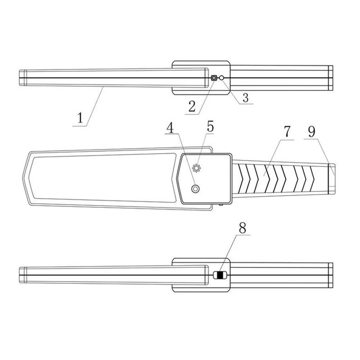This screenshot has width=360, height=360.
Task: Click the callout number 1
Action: coord(80,118)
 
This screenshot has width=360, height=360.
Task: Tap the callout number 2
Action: coord(192,106)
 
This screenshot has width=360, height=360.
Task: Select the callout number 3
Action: coord(245,98)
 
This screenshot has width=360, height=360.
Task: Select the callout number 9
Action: coord(311,131)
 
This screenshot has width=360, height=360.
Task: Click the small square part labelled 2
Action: coord(214,78)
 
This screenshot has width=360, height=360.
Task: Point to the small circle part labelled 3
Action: coord(221,78)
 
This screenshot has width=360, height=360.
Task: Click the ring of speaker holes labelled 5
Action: coord(196,168)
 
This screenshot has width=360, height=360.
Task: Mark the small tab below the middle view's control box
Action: coord(222,206)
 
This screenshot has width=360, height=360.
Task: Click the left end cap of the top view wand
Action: coord(22,78)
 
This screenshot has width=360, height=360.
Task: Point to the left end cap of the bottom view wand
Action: coord(22,275)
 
